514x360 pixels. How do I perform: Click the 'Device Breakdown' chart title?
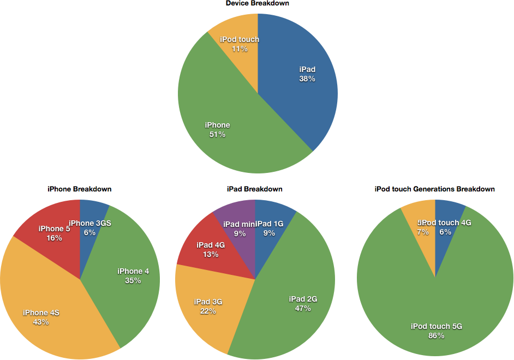coord(258,4)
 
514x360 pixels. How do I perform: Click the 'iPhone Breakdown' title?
coord(80,189)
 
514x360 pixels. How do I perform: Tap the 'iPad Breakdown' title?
coord(255,189)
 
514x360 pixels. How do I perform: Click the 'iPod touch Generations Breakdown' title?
coord(435,189)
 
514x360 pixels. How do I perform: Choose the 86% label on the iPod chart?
coord(436,336)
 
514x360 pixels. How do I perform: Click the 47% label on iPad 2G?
coord(303,309)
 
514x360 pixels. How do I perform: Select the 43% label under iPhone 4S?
coord(41,322)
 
